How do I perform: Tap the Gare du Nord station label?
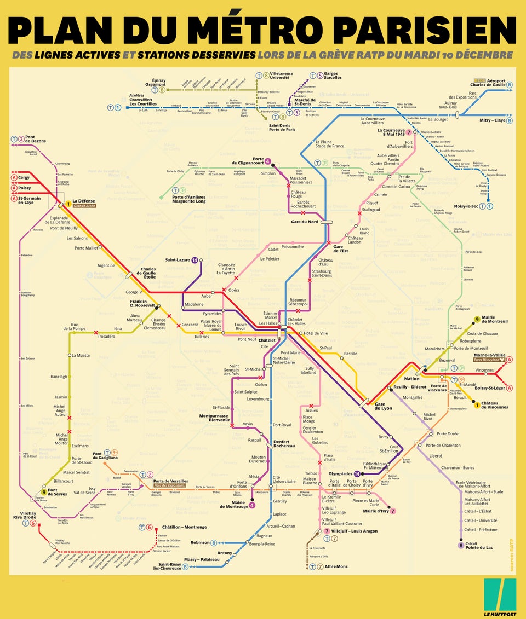[x=305, y=222]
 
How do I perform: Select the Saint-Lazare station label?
[x=178, y=260]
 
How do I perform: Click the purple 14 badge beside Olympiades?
[x=357, y=473]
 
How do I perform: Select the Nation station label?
[x=411, y=379]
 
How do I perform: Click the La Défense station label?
[x=84, y=201]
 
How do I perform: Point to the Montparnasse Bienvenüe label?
[x=215, y=418]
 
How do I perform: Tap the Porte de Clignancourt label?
[x=247, y=161]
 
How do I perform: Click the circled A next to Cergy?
[x=13, y=178]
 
